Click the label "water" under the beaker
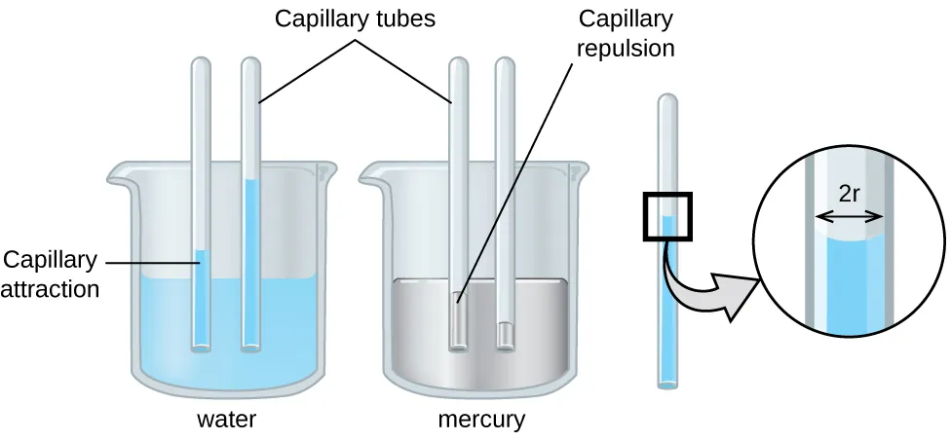(x=226, y=421)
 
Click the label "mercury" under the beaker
(x=480, y=421)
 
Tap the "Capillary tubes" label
(x=355, y=19)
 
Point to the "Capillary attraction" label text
(x=50, y=274)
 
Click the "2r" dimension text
(x=849, y=194)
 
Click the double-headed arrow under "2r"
(x=849, y=216)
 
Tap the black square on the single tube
(x=666, y=215)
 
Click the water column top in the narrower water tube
(x=251, y=182)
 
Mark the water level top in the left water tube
(x=202, y=253)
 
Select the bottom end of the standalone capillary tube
(x=666, y=385)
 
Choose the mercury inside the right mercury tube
(x=506, y=333)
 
